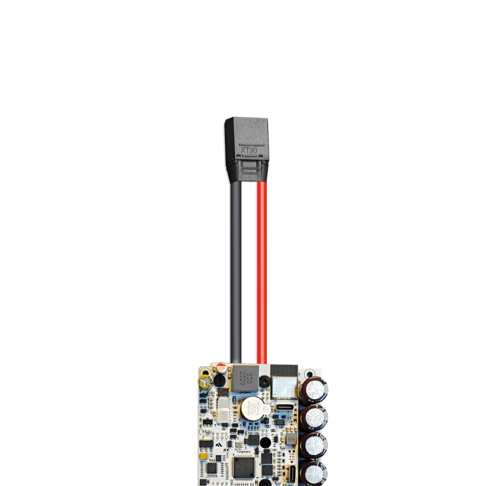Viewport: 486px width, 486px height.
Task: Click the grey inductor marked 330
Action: pyautogui.click(x=245, y=379)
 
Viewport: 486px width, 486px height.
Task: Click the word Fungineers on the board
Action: pyautogui.click(x=244, y=452)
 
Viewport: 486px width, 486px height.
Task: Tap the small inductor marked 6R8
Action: pyautogui.click(x=290, y=439)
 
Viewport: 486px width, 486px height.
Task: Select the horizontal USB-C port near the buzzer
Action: pyautogui.click(x=285, y=407)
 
